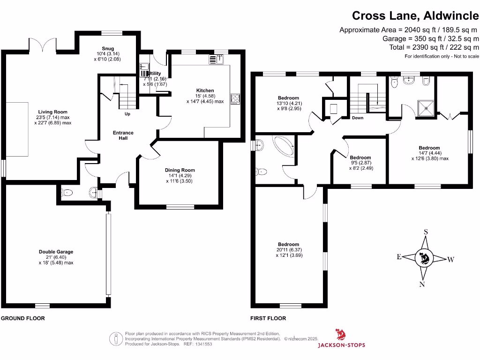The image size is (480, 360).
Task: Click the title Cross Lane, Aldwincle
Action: [x=415, y=15]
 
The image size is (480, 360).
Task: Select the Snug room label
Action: [x=108, y=48]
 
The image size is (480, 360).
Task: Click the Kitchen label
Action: [x=205, y=90]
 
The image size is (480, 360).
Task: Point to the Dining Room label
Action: [x=180, y=170]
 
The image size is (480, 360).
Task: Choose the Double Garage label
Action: [x=56, y=252]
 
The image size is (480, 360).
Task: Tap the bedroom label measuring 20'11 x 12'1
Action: [x=288, y=244]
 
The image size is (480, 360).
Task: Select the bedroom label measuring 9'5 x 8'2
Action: [x=360, y=157]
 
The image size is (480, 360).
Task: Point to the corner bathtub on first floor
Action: [x=282, y=145]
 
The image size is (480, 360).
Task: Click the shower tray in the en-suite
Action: [x=426, y=108]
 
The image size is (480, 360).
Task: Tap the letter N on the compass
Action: [x=422, y=284]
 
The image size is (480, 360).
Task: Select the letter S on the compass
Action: [x=426, y=232]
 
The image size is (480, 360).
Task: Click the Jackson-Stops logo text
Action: [x=342, y=345]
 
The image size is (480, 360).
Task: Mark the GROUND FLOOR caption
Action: [x=23, y=318]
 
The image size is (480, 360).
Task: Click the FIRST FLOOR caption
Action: [x=268, y=318]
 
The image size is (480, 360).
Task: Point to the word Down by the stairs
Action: [x=358, y=118]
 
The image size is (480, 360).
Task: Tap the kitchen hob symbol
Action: [x=235, y=99]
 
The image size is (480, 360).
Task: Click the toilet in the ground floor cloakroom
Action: [x=67, y=192]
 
